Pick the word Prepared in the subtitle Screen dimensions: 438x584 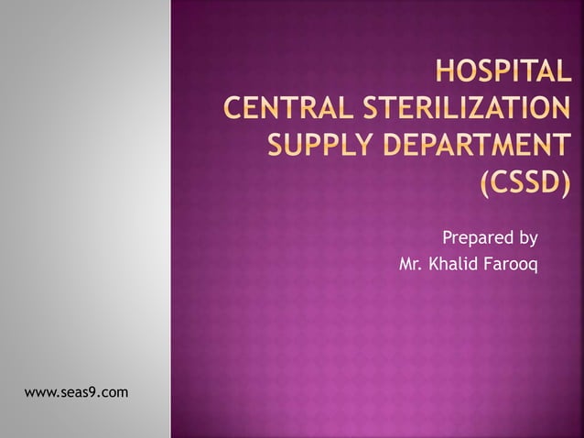(478, 238)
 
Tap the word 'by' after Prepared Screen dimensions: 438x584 (528, 239)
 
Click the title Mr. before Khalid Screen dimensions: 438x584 (412, 266)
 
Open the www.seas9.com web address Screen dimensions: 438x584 (76, 393)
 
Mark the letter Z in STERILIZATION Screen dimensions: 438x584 (485, 109)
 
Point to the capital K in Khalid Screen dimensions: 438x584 (435, 266)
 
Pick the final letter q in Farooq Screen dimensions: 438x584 (534, 268)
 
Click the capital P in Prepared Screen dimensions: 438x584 (448, 238)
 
